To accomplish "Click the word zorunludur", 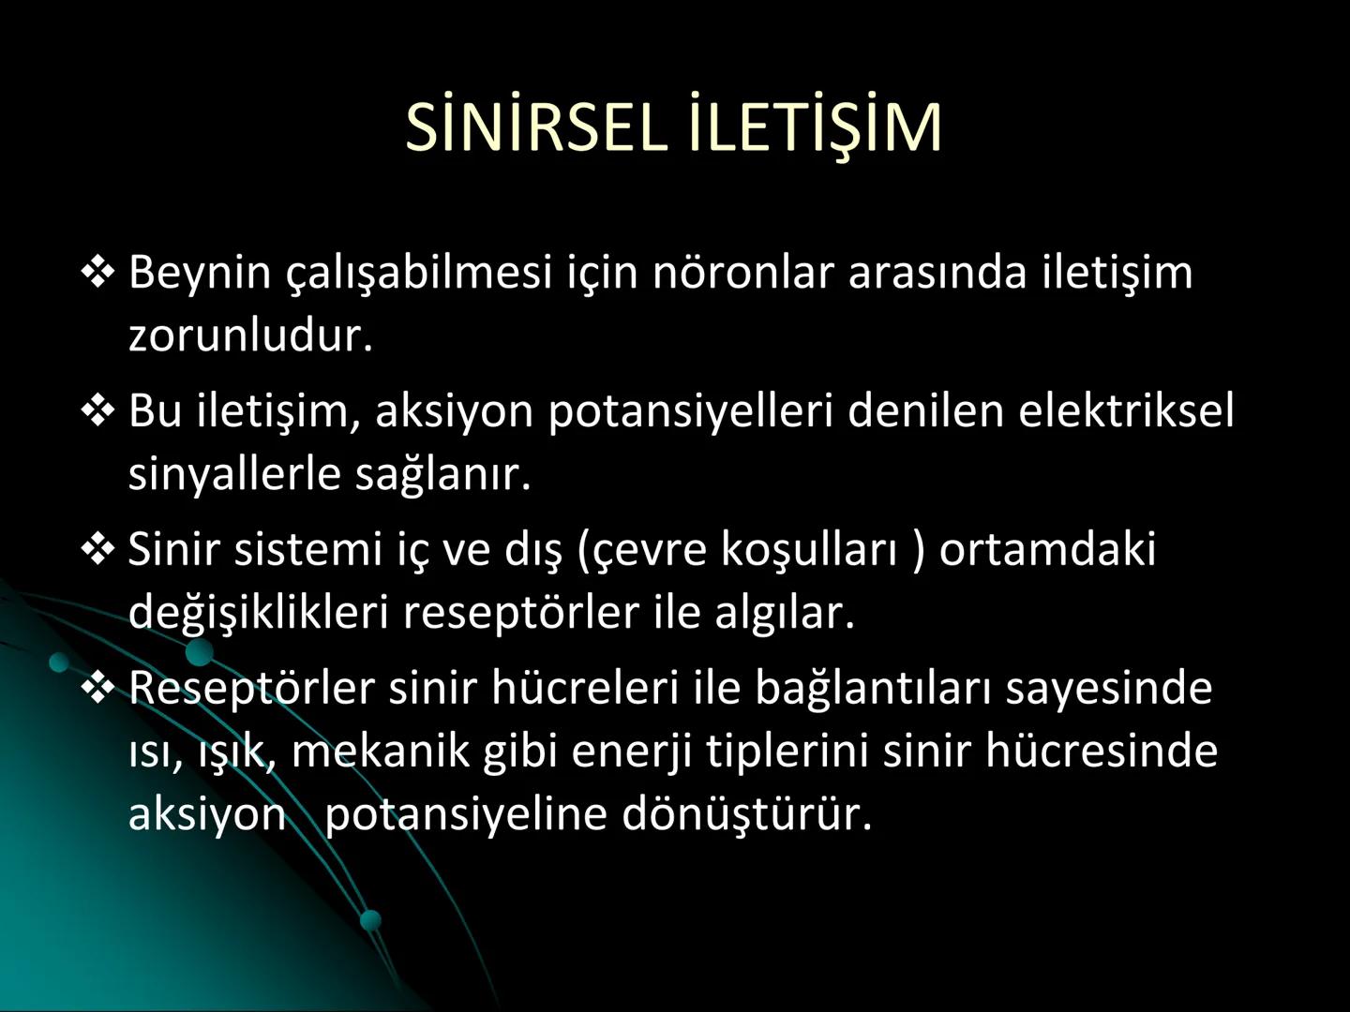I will [x=250, y=335].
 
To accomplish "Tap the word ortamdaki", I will [x=1047, y=549].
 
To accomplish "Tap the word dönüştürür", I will [x=746, y=813].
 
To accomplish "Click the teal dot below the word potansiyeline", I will [x=371, y=919].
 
